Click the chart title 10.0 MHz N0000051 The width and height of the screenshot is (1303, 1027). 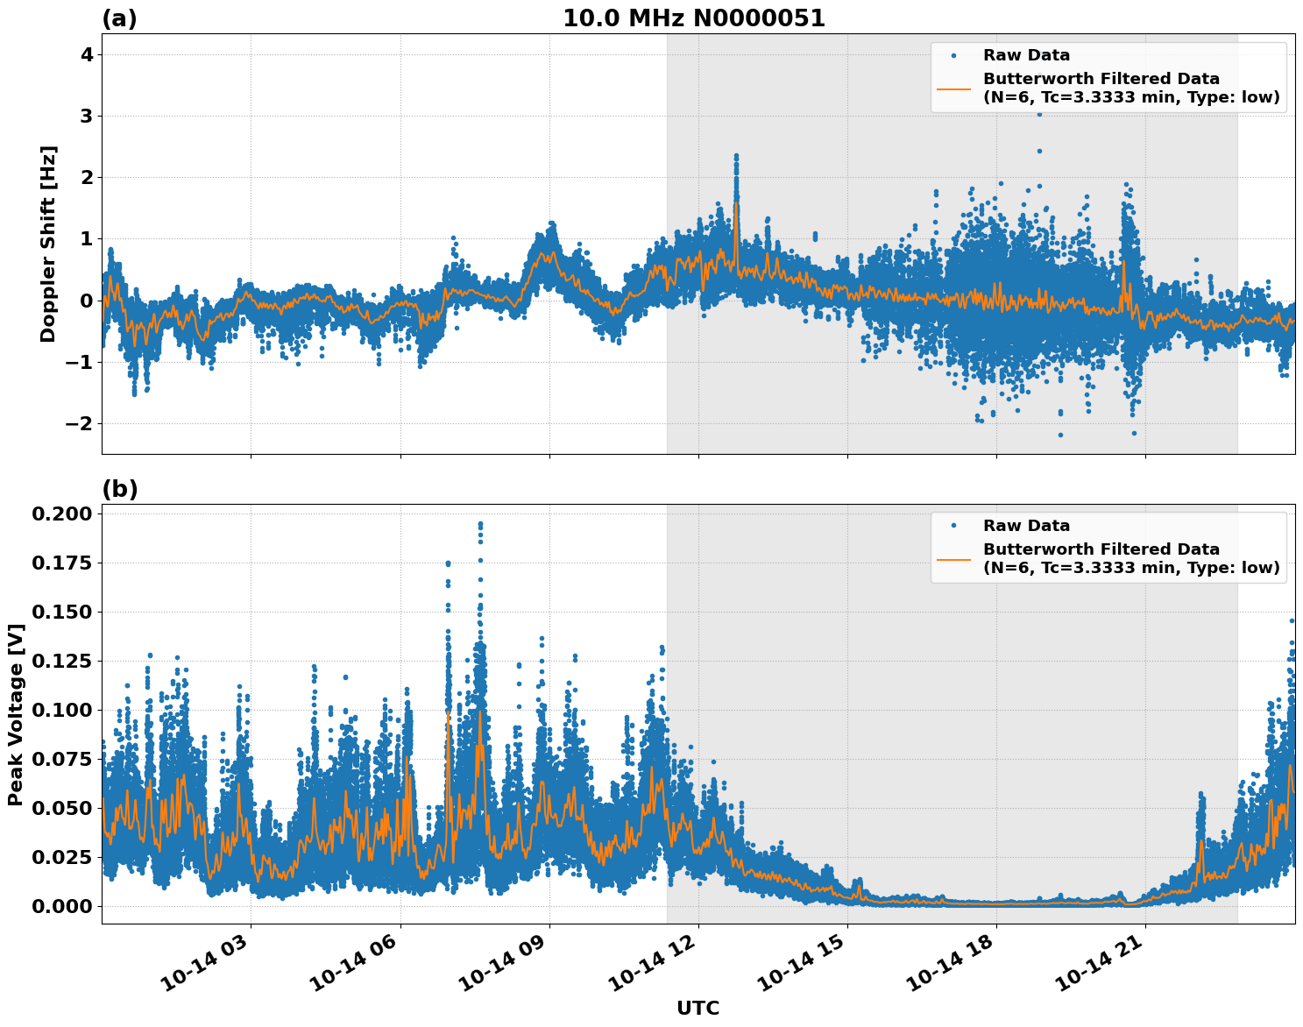[x=693, y=18]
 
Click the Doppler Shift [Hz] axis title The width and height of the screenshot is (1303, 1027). [x=48, y=244]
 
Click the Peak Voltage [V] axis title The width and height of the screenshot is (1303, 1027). [x=16, y=714]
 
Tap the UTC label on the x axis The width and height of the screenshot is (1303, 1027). [x=698, y=1009]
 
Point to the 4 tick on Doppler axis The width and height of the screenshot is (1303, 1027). [x=88, y=55]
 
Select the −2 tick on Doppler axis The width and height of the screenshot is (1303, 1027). [x=81, y=424]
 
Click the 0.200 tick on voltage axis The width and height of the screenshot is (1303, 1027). [x=61, y=513]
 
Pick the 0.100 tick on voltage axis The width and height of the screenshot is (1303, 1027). [x=61, y=710]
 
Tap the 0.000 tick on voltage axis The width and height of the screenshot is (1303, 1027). [x=61, y=906]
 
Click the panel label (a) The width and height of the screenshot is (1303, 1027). [x=119, y=18]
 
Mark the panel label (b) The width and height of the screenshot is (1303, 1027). [x=119, y=489]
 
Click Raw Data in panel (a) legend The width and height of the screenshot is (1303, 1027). [x=1026, y=55]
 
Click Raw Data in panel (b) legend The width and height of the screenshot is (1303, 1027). [x=1026, y=526]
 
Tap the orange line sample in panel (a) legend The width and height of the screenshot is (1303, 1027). [x=954, y=89]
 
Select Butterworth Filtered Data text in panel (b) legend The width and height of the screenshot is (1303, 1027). [x=1101, y=549]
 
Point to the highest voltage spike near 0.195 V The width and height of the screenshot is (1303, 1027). [x=480, y=524]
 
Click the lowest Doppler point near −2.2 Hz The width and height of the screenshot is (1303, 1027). [x=1060, y=435]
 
